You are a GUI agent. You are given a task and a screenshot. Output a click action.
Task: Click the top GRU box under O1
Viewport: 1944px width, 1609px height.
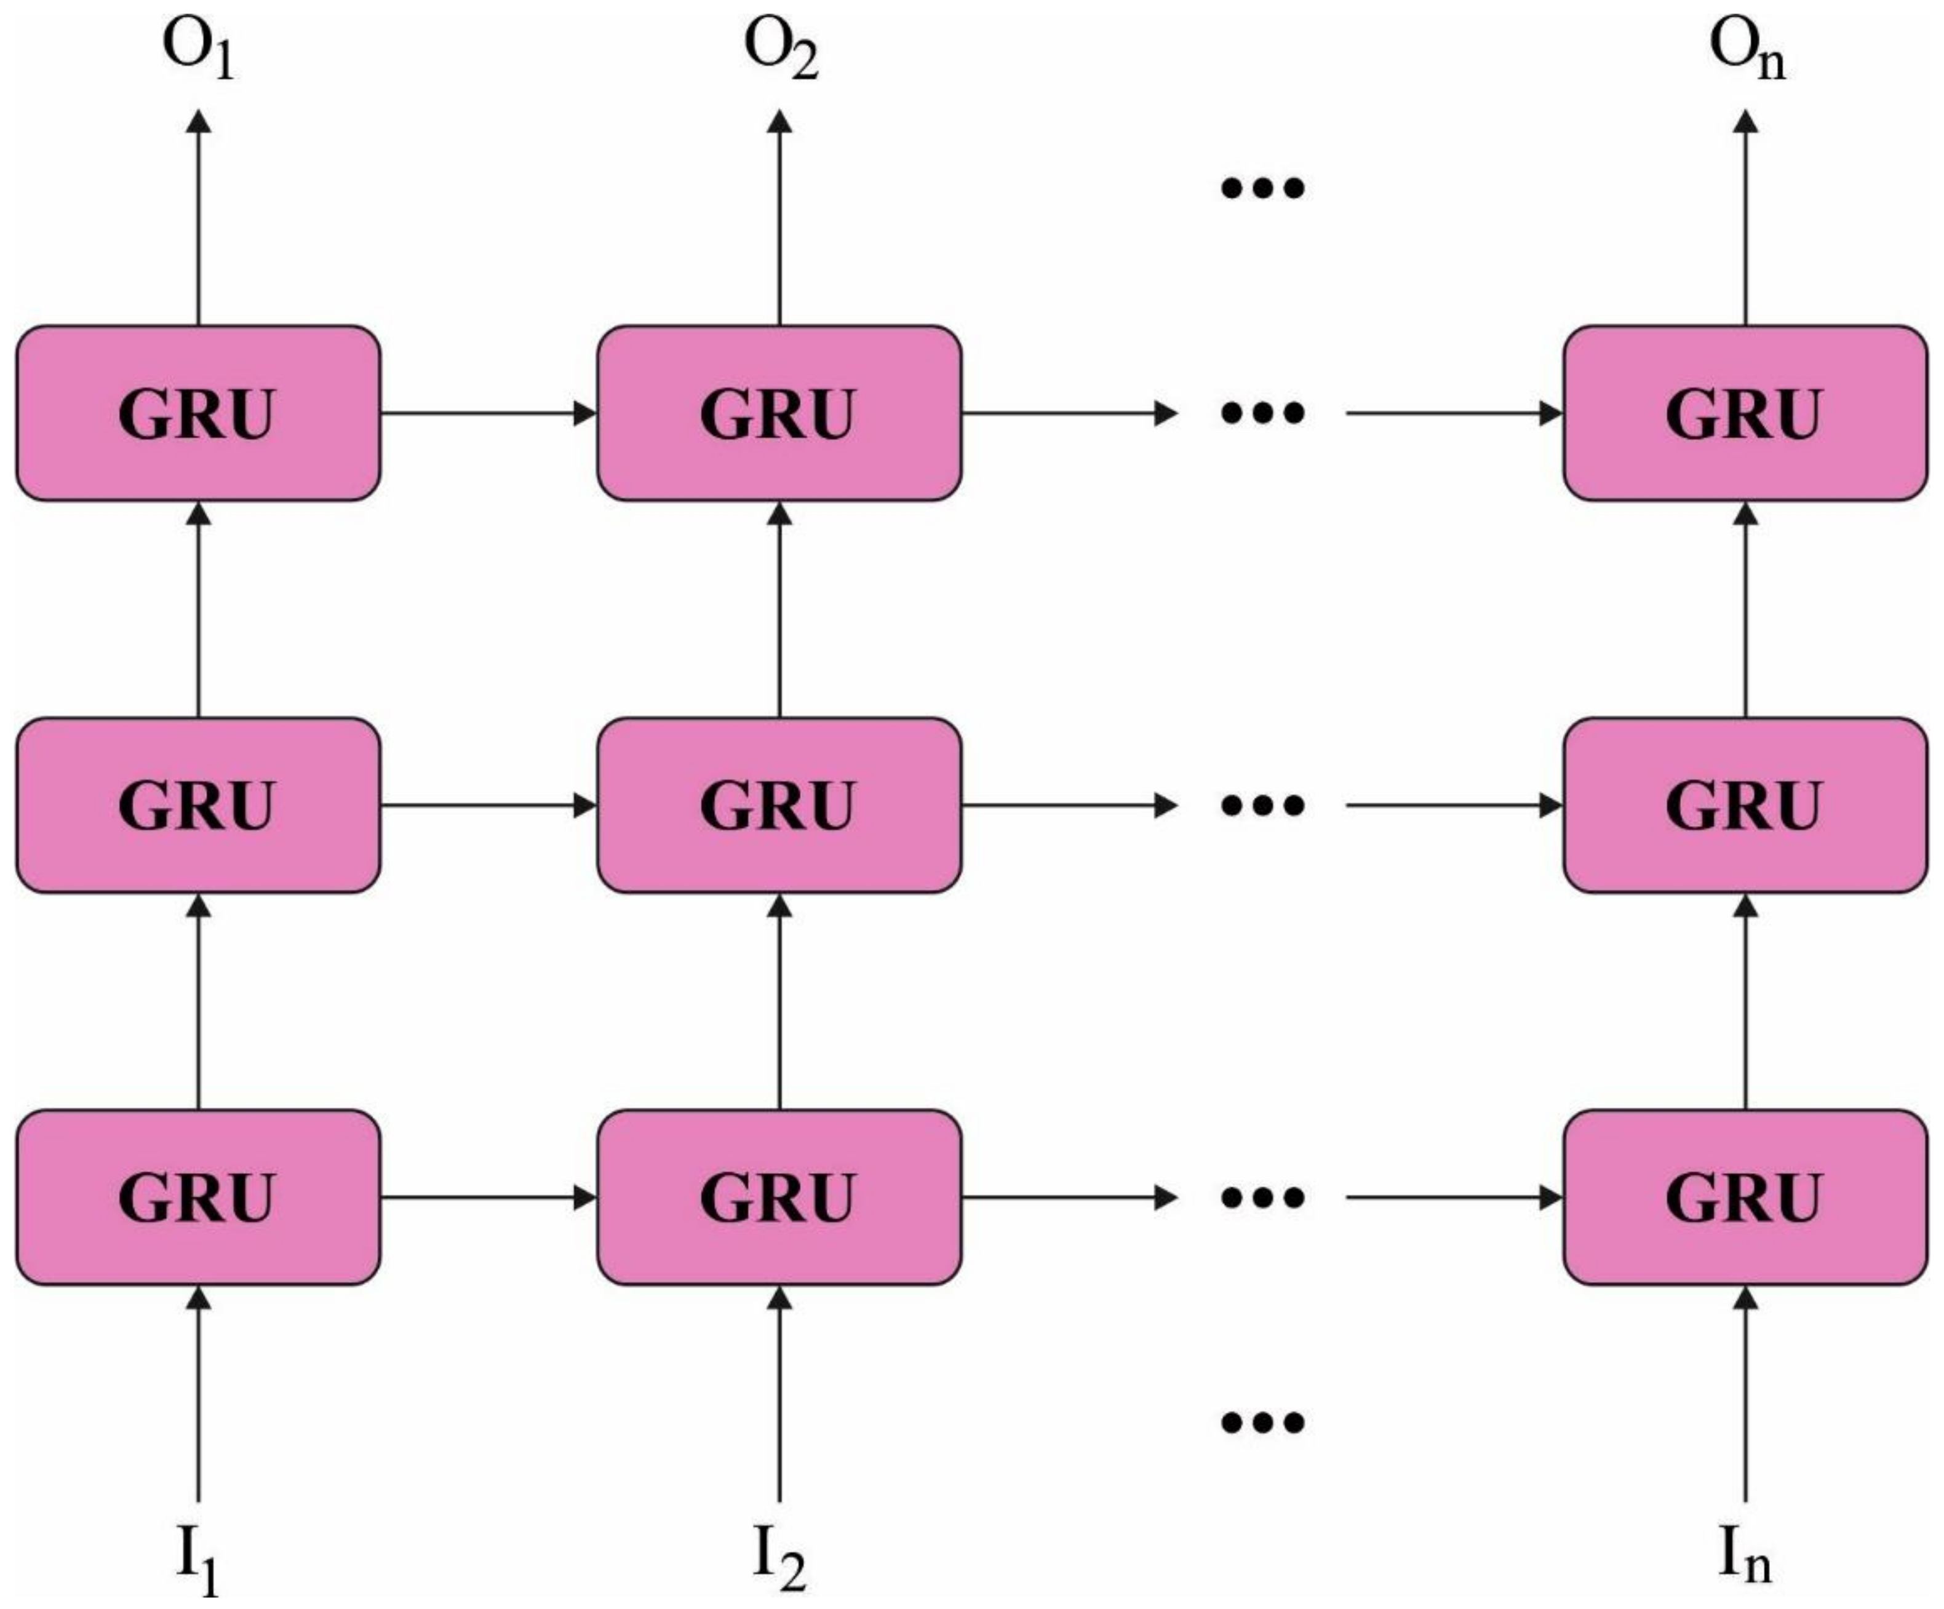198,413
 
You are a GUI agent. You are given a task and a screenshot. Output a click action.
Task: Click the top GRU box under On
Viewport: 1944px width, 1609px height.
1745,413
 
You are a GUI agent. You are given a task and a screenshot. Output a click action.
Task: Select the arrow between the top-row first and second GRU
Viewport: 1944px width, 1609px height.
489,413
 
